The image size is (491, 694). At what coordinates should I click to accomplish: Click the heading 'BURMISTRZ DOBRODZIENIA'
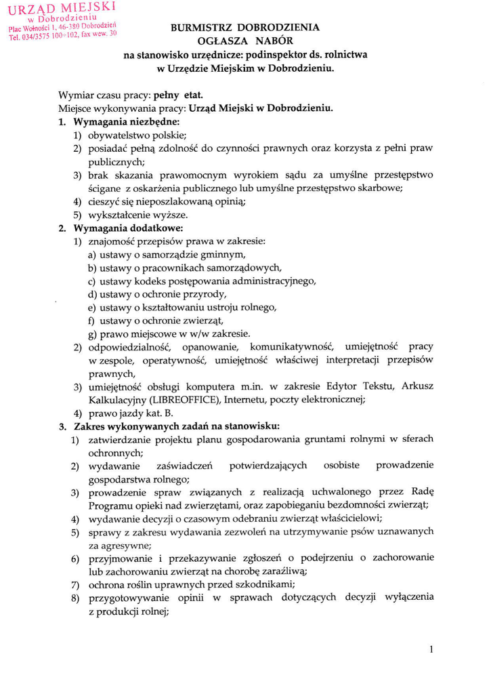[246, 28]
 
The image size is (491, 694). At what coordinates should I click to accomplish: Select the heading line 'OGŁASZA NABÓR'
[246, 41]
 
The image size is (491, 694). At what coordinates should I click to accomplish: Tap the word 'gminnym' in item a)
[221, 254]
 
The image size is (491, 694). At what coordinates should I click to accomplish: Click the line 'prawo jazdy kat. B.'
[131, 413]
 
